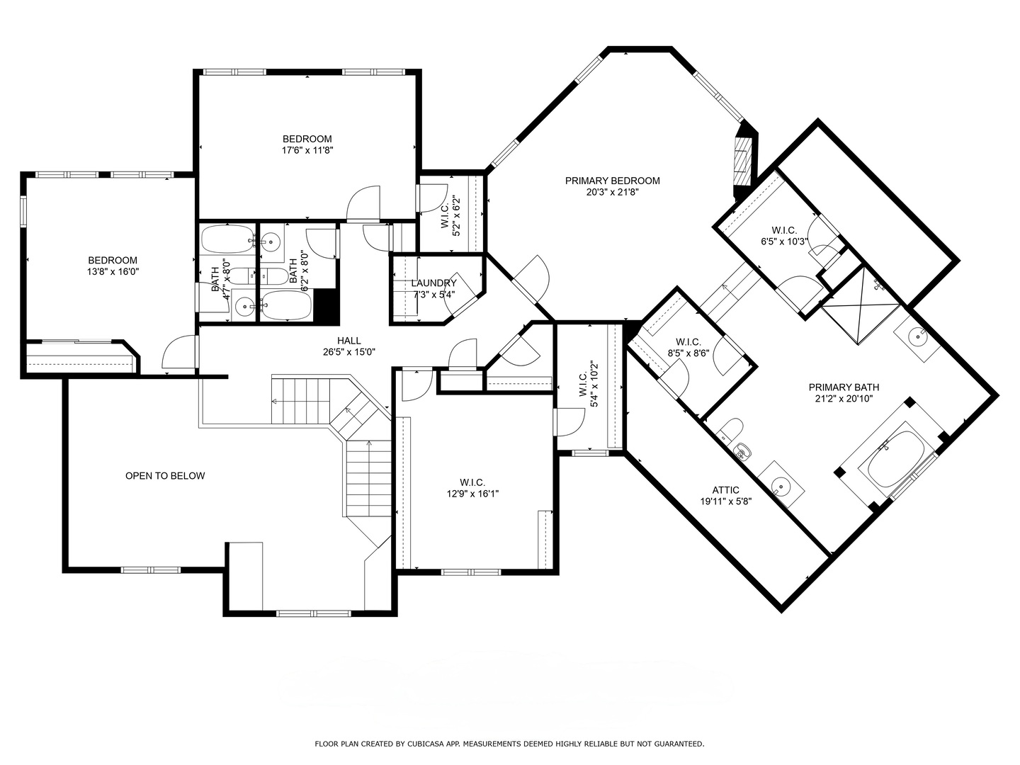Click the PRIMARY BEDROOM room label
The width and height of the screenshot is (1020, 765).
pos(612,181)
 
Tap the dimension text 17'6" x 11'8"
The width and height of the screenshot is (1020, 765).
pos(307,150)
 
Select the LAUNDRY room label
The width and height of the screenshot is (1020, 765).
pos(433,283)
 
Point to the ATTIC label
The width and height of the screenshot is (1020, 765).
pos(725,490)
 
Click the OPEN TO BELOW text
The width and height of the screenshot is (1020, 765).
pos(165,476)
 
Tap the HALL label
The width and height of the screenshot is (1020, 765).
pos(348,341)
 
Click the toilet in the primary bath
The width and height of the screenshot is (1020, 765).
pos(730,429)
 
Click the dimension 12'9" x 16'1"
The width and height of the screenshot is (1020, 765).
pos(472,494)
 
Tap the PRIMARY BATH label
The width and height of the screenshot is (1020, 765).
pos(844,387)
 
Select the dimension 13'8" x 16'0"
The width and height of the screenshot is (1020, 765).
pos(112,271)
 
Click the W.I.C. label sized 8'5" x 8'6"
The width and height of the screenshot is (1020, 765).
pos(688,341)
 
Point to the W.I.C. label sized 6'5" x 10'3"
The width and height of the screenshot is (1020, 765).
pos(784,230)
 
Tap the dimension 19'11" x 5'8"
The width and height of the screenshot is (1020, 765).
pos(725,501)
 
